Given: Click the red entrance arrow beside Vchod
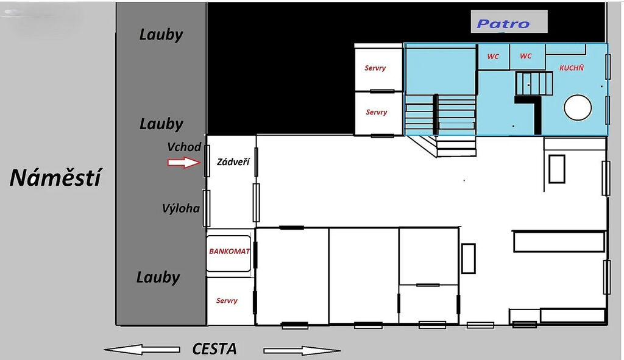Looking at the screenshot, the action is [184, 162].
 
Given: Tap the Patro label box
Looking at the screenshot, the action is [509, 21].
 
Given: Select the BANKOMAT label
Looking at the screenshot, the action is [229, 252].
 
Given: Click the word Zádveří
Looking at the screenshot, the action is [233, 162].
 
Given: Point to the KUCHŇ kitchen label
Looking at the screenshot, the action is [572, 68].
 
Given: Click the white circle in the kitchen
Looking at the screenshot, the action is [578, 107].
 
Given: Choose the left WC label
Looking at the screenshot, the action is [493, 57].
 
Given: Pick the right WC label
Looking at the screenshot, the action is [526, 56].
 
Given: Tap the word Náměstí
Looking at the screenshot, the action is [55, 177].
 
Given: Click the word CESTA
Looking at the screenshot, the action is [214, 349].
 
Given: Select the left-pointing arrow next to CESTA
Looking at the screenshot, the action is [142, 350].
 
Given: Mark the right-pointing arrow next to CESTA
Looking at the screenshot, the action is [302, 350].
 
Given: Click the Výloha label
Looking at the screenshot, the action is [180, 208].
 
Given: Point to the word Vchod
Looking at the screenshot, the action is [184, 147].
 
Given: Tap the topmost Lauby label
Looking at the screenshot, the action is [161, 35].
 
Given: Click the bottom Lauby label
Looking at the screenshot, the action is [158, 277].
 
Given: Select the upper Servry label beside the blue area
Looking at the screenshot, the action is [375, 68].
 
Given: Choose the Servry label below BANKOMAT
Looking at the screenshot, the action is [227, 301].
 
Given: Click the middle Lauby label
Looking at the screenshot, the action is [161, 124].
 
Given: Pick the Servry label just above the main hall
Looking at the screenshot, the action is [377, 112].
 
